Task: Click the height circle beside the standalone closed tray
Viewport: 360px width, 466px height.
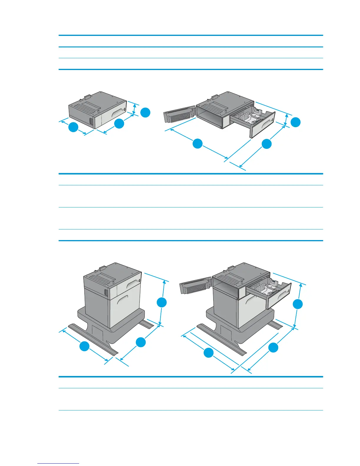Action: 145,113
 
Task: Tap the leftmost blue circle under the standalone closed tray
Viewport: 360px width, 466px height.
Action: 73,128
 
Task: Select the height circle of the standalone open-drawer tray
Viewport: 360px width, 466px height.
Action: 296,122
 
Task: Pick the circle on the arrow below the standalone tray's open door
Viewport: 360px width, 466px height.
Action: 198,144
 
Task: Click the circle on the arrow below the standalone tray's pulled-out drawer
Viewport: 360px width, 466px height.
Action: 266,144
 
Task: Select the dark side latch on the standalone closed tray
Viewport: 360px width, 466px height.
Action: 91,121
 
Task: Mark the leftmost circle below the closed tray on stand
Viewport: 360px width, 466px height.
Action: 84,346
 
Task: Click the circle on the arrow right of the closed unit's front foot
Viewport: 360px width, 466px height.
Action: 141,342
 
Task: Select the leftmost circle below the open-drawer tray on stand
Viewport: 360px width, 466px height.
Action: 209,352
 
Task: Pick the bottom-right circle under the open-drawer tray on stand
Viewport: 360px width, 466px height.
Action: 273,347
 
